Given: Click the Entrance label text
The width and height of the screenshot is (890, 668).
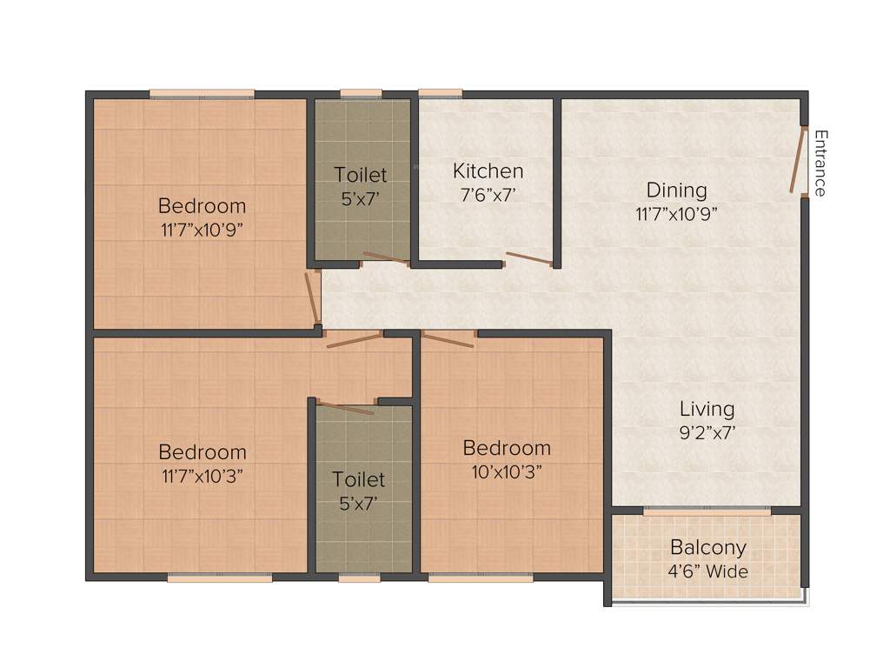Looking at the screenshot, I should pos(821,163).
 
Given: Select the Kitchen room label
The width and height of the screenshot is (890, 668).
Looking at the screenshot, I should pos(488,170).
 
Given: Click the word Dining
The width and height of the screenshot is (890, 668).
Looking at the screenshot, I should pos(676,190).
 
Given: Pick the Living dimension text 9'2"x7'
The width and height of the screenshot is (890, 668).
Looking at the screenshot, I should pos(707,432).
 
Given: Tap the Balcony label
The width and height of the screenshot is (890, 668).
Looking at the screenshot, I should pos(707,548).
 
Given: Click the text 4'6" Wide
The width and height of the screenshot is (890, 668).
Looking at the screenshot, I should pos(707,571).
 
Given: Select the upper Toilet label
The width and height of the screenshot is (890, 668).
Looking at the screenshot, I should pos(361,176).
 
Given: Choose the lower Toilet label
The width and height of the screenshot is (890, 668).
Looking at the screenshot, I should pos(358,479).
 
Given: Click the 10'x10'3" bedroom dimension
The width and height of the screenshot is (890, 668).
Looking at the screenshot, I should pos(506,472).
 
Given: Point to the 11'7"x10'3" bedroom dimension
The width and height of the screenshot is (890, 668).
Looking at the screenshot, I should pos(202,476).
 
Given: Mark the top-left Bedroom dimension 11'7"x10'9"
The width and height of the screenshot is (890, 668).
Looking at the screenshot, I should pos(202,230).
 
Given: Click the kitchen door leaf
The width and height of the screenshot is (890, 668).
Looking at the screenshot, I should pos(528,257).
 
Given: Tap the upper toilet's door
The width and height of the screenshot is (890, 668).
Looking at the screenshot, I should pos(385,258).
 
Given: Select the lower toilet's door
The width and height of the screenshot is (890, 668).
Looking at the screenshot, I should pos(346,407).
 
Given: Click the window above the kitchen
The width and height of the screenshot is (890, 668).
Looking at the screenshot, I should pos(440,93).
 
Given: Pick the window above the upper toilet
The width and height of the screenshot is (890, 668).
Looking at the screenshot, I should pos(361,93).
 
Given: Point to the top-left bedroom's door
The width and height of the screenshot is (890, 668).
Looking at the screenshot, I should pos(312,298).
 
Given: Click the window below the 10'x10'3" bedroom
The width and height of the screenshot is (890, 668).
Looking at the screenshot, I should pos(481,578).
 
